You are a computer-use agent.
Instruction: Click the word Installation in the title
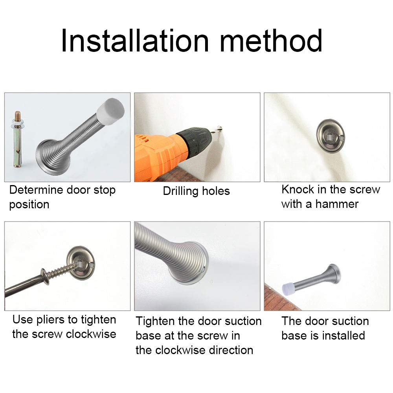point(135,40)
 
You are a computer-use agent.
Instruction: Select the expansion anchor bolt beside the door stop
point(18,140)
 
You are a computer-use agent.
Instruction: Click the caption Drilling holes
point(196,191)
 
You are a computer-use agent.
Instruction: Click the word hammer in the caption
point(337,204)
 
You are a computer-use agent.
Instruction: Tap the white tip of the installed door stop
point(288,289)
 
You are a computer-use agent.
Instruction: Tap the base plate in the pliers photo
point(81,263)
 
